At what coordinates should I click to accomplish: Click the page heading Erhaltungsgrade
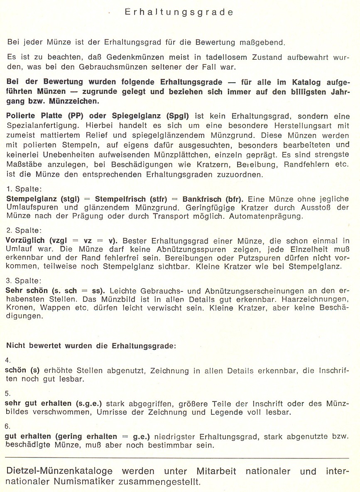[179, 12]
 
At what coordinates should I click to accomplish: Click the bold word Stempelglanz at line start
[29, 198]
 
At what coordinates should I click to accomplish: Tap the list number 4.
[8, 360]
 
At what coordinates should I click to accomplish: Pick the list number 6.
[8, 426]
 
